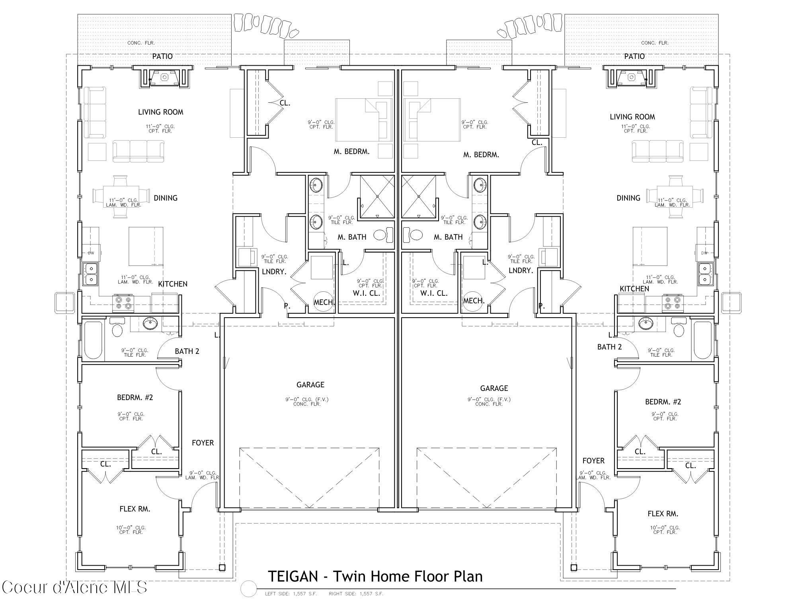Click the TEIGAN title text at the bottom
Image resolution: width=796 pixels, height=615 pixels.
pos(375,576)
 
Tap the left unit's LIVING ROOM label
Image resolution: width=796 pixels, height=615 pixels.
pos(160,112)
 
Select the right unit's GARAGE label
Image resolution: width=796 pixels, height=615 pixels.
pos(494,388)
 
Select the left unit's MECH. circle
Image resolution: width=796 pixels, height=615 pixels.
pos(323,302)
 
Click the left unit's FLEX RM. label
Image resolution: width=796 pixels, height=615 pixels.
pos(135,509)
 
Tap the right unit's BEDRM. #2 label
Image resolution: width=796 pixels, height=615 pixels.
pos(663,402)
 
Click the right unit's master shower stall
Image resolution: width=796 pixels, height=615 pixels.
pos(419,197)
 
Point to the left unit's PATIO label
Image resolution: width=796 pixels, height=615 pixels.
pos(162,57)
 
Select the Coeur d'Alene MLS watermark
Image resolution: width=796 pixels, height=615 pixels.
pos(74,587)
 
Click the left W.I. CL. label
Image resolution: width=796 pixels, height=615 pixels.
pos(366,293)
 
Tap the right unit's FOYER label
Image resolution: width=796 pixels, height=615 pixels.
pos(593,461)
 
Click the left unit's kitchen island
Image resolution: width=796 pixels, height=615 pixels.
pos(146,246)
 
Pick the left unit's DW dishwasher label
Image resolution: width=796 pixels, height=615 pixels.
pos(91,253)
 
